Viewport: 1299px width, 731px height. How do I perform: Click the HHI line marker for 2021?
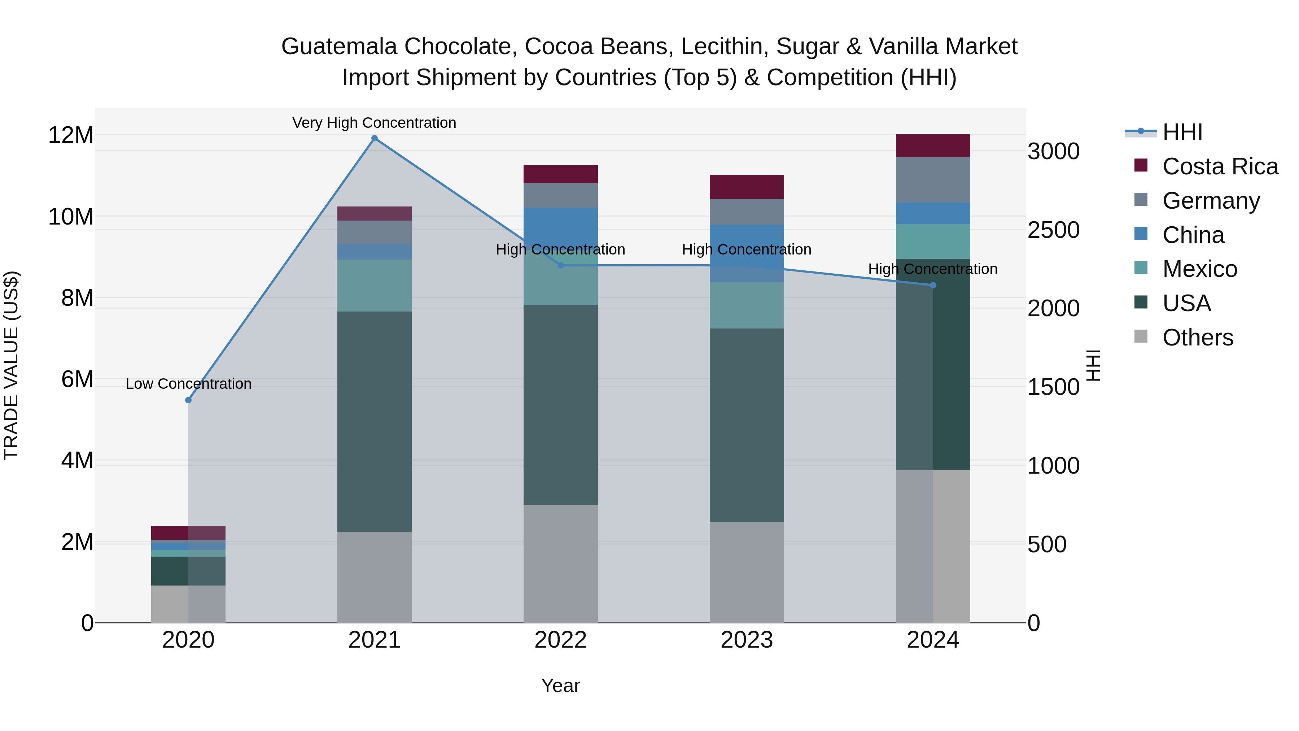click(x=374, y=138)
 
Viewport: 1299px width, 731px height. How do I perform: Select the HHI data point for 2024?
click(x=933, y=286)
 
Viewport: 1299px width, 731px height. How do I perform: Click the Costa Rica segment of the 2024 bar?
click(x=933, y=146)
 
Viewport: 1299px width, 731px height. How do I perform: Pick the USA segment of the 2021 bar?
click(x=374, y=421)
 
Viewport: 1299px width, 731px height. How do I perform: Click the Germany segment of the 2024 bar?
click(x=933, y=180)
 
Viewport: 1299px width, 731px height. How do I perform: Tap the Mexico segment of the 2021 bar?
click(x=374, y=286)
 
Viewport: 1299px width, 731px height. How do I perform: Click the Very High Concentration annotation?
click(x=374, y=123)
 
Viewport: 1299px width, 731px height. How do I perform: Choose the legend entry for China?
click(x=1193, y=235)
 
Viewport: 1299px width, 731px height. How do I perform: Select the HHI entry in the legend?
click(x=1182, y=132)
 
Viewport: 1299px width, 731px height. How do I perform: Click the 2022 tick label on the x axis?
click(x=560, y=640)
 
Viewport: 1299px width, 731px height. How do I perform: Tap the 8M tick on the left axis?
click(x=77, y=298)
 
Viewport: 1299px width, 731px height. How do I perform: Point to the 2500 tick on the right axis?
click(x=1053, y=230)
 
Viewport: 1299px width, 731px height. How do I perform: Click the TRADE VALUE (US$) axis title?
click(x=11, y=365)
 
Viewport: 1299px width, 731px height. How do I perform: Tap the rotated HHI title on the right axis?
click(x=1093, y=365)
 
